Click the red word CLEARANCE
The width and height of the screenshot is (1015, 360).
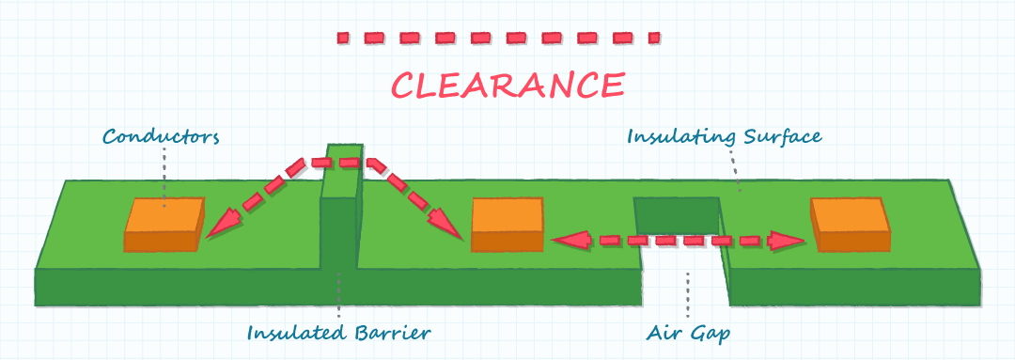[508, 85]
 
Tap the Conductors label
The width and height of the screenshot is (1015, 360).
[162, 136]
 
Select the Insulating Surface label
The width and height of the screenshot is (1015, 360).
[725, 137]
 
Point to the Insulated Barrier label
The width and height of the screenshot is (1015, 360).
[338, 333]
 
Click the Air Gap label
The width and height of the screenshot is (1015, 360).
[688, 333]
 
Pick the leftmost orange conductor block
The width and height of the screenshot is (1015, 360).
[164, 225]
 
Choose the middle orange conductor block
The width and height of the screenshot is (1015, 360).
[507, 225]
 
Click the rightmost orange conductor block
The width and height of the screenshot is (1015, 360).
[850, 225]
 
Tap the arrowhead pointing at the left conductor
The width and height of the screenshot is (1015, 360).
[220, 224]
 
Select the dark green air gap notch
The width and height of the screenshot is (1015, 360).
[677, 215]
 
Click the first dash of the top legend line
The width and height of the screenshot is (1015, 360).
[343, 39]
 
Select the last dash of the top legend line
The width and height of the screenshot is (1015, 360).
[654, 39]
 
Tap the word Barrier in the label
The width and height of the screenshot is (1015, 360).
[393, 333]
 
